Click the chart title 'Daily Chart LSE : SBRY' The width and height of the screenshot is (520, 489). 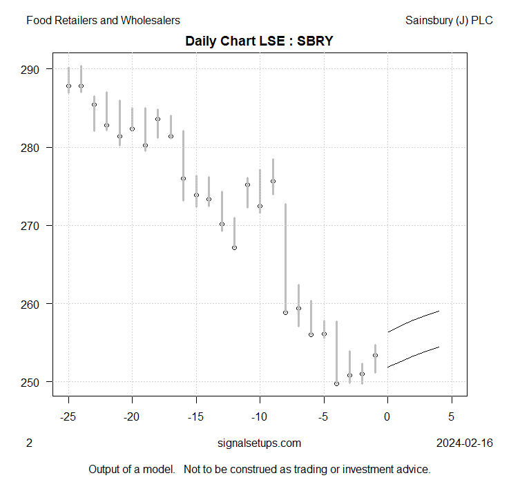[x=259, y=41]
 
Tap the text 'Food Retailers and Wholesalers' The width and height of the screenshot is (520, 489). [x=103, y=20]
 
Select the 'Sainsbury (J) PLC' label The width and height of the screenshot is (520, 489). [x=450, y=20]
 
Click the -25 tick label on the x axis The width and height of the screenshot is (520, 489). [x=68, y=417]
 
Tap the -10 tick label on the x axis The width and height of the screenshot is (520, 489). [x=260, y=417]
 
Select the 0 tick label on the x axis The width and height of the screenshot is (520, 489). [x=387, y=417]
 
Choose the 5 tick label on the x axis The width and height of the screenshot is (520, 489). [x=452, y=417]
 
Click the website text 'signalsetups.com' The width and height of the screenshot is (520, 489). [x=259, y=443]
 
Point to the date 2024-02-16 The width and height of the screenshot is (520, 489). [x=465, y=443]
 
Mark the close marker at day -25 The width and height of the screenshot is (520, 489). [x=68, y=86]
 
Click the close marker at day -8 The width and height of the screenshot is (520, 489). [x=285, y=312]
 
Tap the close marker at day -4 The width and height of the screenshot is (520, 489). [x=336, y=383]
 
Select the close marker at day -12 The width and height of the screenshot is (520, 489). [x=234, y=247]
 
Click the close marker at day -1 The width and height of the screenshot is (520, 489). [x=375, y=355]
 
